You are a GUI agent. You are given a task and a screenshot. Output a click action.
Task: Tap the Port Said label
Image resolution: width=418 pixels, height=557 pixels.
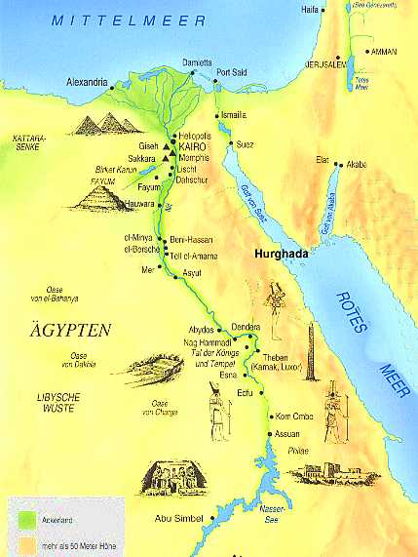pyautogui.click(x=236, y=71)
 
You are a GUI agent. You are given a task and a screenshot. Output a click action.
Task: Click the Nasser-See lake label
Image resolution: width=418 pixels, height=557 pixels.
pyautogui.click(x=274, y=512)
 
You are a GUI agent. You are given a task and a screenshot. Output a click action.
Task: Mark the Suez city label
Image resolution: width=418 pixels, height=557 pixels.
pyautogui.click(x=245, y=143)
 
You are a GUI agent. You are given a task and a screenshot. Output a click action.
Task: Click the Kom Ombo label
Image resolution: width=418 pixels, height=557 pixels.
pyautogui.click(x=294, y=414)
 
